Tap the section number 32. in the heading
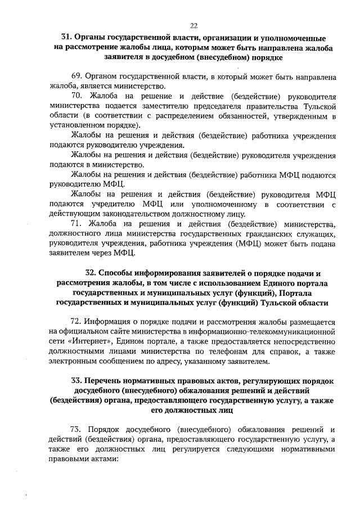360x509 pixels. coord(92,273)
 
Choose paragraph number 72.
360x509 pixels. coord(78,322)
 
